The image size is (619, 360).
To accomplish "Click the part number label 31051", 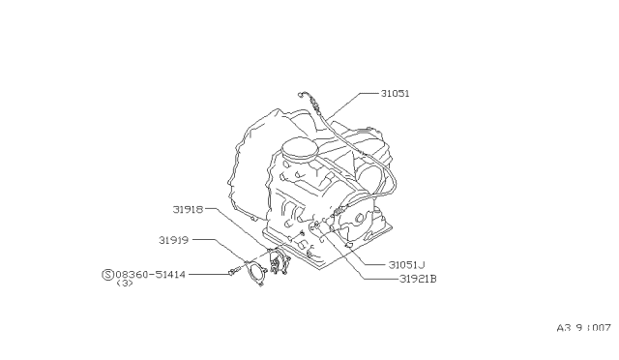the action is point(396,94).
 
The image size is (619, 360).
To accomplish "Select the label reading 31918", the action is point(188,209).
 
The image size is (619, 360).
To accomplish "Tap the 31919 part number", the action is point(174,240).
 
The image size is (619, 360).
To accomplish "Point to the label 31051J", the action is point(407,265).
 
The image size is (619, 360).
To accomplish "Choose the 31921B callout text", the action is point(418,279).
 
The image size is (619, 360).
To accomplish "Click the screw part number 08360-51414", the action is point(151,274).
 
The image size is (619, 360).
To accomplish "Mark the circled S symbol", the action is point(107,274).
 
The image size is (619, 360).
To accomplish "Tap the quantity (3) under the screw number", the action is point(125,284).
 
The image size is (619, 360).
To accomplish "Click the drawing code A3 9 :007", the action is point(584,328).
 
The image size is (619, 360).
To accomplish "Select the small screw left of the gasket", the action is point(232,271).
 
